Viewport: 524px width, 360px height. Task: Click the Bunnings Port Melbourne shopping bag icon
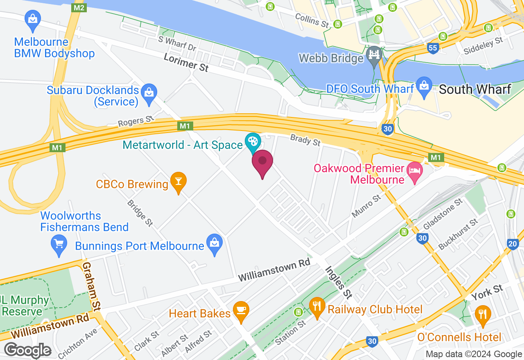click(215, 243)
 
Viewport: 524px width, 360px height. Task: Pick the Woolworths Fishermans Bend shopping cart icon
click(59, 244)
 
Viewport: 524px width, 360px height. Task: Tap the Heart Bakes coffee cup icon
click(241, 310)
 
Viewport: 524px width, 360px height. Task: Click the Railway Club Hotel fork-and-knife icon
click(317, 306)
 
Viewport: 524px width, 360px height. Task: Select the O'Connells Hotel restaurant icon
click(483, 315)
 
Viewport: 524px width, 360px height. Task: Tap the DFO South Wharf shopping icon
click(425, 86)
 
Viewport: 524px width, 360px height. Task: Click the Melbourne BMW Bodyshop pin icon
click(32, 20)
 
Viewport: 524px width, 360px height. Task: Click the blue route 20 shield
click(512, 244)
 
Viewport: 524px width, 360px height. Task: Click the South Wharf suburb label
click(475, 89)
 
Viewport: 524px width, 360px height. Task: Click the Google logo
click(28, 351)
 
